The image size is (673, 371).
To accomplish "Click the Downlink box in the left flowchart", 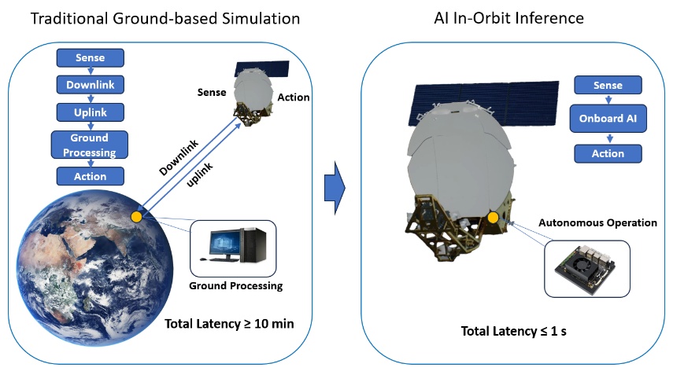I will [90, 84].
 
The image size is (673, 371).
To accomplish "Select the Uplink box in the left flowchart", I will [90, 111].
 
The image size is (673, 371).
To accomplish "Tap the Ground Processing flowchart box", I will [90, 145].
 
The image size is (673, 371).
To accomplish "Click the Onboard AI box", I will [607, 119].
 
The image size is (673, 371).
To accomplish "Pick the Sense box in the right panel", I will [607, 86].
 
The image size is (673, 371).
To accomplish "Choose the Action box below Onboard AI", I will [607, 153].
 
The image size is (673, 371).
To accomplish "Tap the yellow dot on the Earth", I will [136, 216].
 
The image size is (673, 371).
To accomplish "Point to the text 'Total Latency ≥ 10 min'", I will [229, 323].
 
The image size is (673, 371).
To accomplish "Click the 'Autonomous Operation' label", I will [597, 222].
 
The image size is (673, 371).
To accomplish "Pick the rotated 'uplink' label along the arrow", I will [203, 172].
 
